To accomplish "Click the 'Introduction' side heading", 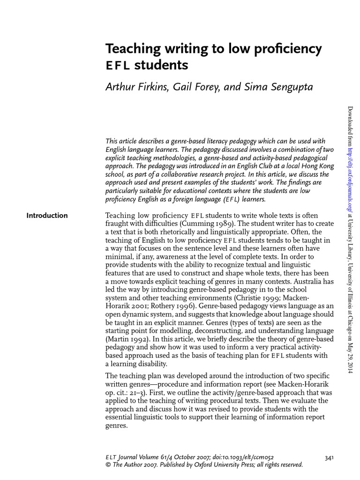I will tap(47, 216).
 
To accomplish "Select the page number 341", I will tap(329, 457).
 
